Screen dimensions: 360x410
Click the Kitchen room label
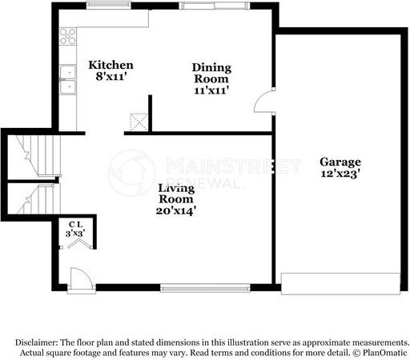point(111,65)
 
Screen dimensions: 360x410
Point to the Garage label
point(342,161)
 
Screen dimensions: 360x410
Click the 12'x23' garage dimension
point(342,172)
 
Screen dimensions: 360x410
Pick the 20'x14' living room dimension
point(176,211)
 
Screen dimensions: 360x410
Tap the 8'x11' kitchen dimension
point(111,78)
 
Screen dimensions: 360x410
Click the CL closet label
point(76,225)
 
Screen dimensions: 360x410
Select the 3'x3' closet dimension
point(76,234)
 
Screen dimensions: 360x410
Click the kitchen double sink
point(67,81)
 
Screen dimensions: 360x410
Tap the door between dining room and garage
point(263,105)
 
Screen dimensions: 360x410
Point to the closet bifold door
point(76,244)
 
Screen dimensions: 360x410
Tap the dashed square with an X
point(140,122)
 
